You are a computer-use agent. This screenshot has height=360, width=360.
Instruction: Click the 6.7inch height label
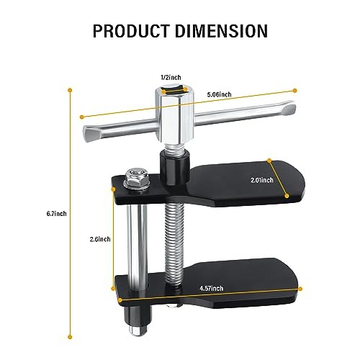(x=55, y=213)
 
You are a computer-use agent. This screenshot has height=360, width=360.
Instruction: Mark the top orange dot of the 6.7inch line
(x=70, y=89)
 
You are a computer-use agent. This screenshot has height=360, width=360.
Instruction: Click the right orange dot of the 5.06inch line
(x=294, y=90)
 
